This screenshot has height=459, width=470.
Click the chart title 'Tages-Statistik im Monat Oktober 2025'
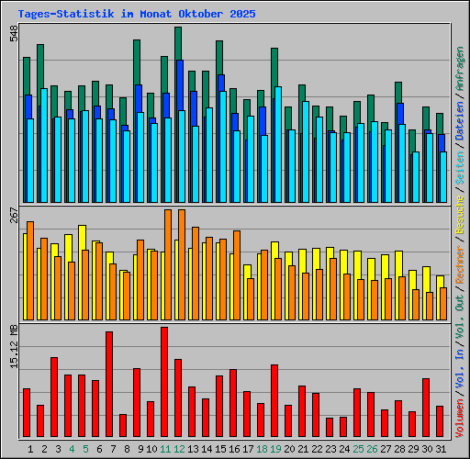[x=137, y=15]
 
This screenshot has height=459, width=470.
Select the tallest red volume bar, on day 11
[x=164, y=382]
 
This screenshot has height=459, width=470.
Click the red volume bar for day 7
[x=109, y=384]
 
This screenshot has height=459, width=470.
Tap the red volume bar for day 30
[x=426, y=408]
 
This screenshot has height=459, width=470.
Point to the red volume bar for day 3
[x=54, y=397]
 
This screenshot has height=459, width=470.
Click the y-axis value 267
[x=14, y=216]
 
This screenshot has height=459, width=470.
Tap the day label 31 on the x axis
[x=441, y=449]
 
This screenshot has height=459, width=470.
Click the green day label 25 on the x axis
[x=358, y=449]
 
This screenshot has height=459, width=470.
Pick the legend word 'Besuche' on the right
[x=460, y=216]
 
